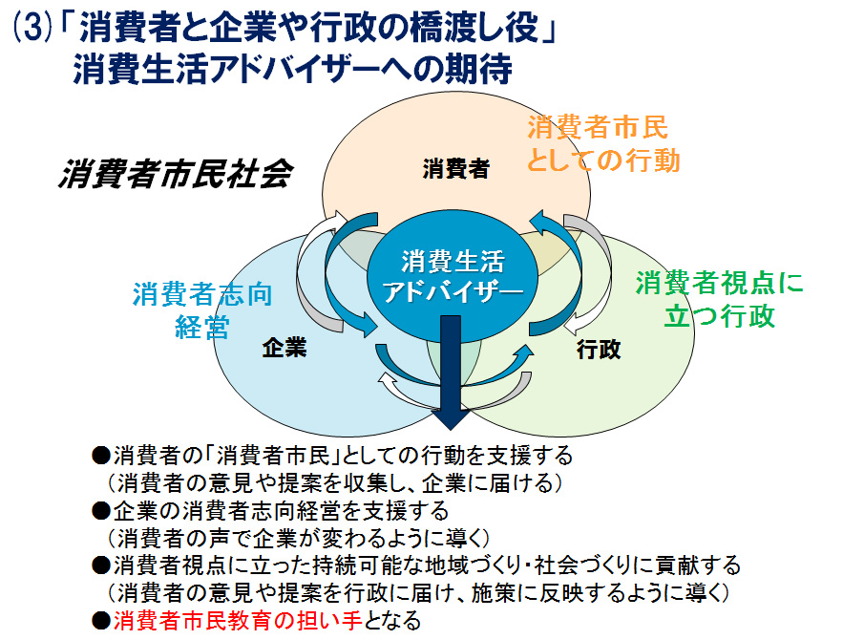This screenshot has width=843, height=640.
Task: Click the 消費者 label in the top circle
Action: pos(455,169)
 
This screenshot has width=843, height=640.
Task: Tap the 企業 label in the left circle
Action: pos(284,349)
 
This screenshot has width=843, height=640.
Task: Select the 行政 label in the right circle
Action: pos(599,350)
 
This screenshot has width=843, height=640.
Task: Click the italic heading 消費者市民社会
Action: pos(175,175)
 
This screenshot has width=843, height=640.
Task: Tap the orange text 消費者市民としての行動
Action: pos(603,143)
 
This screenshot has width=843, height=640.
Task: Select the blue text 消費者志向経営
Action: pos(202,309)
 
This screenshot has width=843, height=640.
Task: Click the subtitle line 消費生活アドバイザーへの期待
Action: pos(293,70)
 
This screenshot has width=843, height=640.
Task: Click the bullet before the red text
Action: pos(101,621)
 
